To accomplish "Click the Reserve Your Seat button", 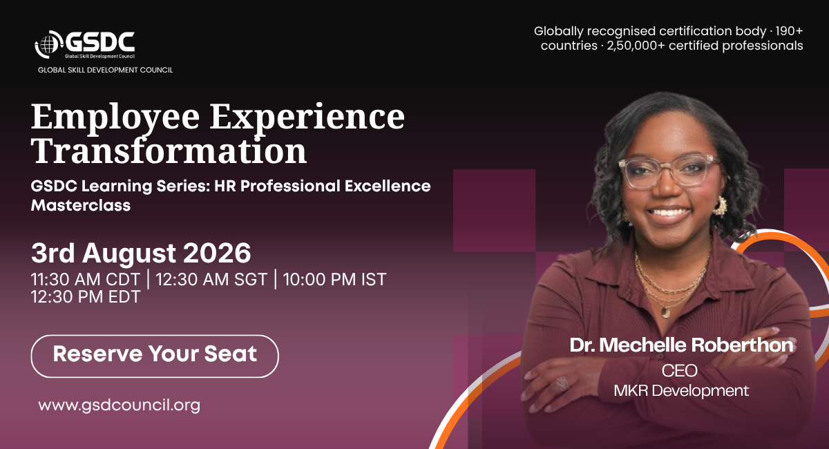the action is tap(155, 356).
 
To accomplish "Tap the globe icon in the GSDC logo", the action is tap(48, 44).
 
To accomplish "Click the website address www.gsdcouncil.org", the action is tap(119, 405).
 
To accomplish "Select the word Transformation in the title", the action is tap(169, 151).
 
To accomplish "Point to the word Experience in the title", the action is tap(307, 118).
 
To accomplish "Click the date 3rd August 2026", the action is tap(141, 254).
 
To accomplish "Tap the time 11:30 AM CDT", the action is tap(86, 279).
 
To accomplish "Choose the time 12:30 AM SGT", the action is tap(211, 279).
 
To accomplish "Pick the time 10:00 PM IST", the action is tap(334, 279).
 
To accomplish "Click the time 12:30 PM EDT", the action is tap(86, 296).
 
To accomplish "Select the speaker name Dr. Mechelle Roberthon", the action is tap(681, 345).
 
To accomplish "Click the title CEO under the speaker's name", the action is tap(680, 370).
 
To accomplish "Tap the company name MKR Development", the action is tap(681, 390).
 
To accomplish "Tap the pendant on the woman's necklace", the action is tap(665, 313).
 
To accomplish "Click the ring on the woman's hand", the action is tap(562, 383).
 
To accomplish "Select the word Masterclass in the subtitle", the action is tap(81, 205).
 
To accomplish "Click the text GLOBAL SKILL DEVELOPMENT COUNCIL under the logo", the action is tap(106, 70).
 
